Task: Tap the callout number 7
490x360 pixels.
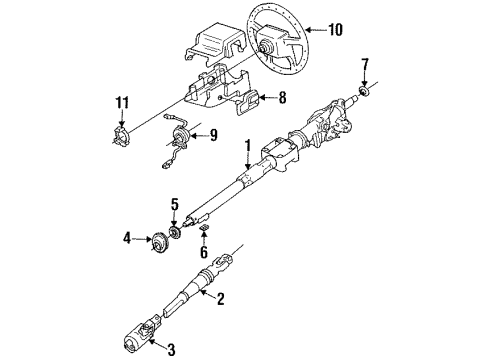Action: coord(365,65)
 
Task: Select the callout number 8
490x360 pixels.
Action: coord(283,98)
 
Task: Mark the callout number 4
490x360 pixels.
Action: coord(127,238)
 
